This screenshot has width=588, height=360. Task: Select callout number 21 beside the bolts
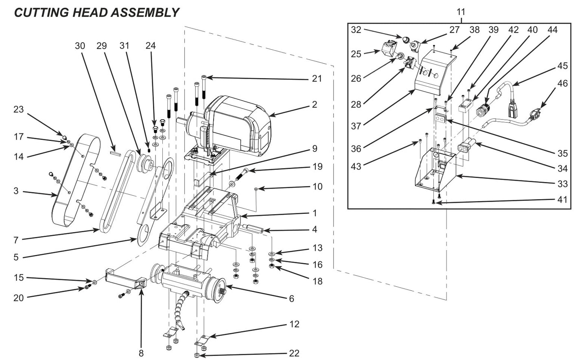(317, 78)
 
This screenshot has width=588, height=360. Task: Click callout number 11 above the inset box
(460, 12)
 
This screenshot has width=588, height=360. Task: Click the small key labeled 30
(115, 154)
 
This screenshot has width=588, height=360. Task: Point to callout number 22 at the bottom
(294, 353)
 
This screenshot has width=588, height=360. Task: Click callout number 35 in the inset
(562, 153)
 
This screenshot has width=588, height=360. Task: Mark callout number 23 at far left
(19, 110)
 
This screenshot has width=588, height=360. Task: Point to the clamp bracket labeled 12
(202, 338)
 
